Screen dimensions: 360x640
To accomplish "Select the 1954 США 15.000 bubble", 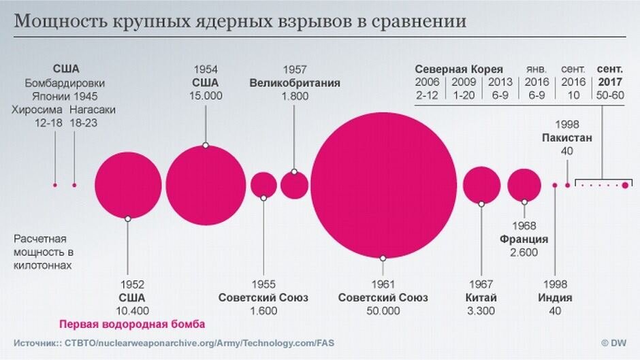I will [206, 184].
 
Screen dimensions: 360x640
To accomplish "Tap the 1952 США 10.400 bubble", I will [128, 185].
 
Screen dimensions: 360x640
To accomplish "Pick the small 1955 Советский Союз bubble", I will [263, 184].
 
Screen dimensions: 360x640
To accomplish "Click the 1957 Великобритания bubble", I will [294, 185].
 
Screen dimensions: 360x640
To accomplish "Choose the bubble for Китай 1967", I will [481, 184].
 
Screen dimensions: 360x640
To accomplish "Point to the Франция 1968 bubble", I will [524, 184].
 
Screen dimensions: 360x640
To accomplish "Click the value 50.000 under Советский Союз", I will [383, 311].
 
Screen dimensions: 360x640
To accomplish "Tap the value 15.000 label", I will [206, 96].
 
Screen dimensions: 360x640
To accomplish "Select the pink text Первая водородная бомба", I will [132, 325].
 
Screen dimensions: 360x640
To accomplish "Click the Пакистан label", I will [567, 137].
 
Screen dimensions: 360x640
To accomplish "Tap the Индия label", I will [554, 298].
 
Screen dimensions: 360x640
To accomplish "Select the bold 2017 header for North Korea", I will [609, 82].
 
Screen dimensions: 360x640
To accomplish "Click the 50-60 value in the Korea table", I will [609, 95].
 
